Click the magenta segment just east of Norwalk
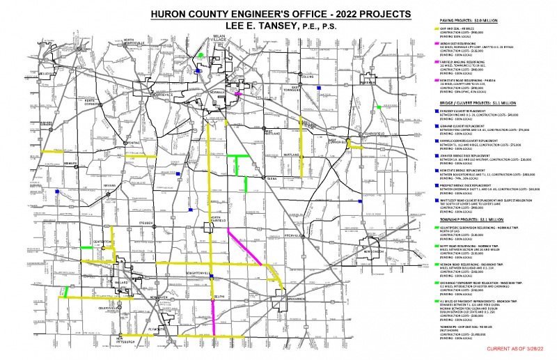click(238, 93)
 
